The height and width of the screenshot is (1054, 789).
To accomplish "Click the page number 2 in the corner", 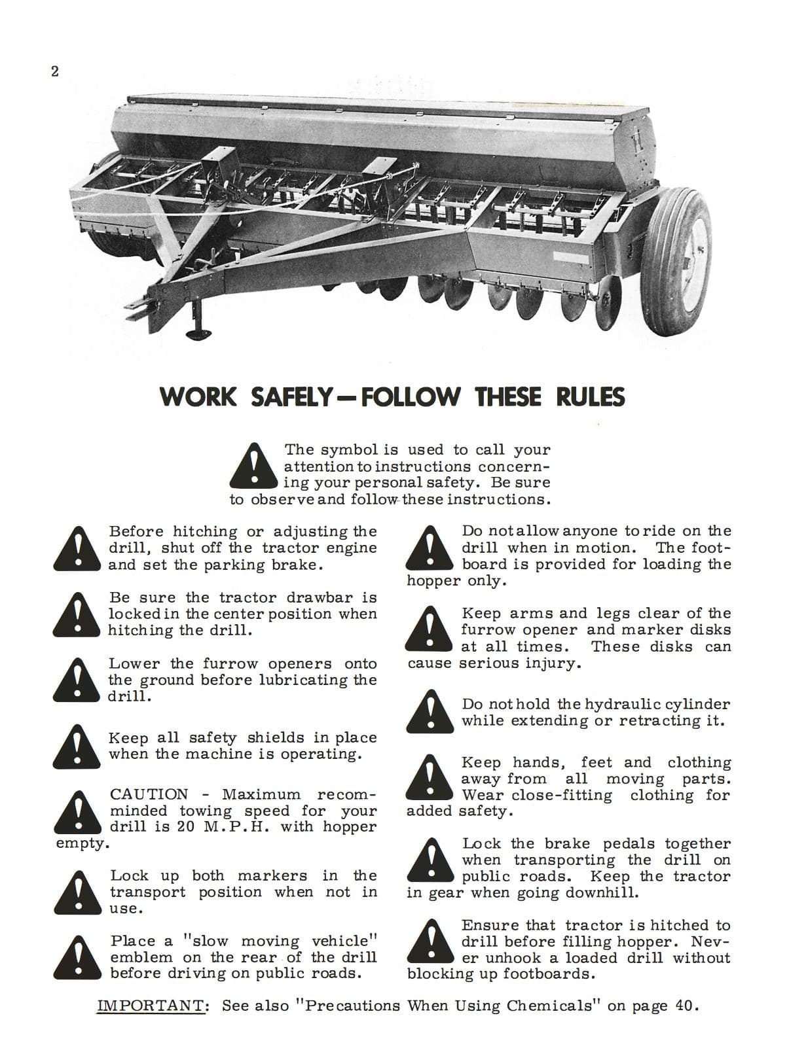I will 55,72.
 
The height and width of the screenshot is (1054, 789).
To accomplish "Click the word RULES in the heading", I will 591,397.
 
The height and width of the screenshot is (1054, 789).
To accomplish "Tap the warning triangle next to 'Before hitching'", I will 78,548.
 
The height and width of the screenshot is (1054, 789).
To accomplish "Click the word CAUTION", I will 149,795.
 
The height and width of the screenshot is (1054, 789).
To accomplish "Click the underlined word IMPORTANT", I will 152,1006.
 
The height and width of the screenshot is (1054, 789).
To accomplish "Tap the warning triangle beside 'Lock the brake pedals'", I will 430,859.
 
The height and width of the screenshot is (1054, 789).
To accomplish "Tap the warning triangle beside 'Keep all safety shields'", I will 78,747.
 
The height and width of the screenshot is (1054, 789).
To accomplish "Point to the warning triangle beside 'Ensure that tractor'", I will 430,941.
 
